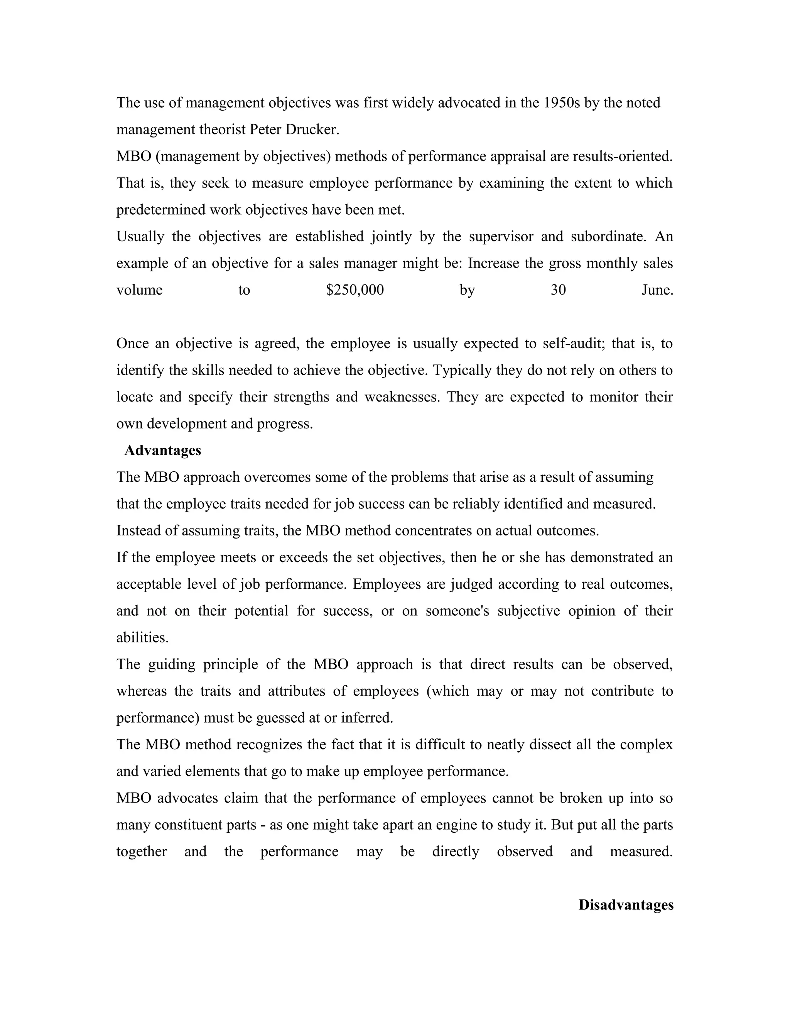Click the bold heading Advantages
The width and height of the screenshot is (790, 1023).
[162, 451]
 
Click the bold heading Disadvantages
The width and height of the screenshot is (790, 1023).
[626, 905]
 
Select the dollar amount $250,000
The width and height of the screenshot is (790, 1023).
[355, 290]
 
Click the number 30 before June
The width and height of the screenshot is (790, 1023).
[558, 290]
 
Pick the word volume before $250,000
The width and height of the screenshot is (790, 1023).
[140, 290]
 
